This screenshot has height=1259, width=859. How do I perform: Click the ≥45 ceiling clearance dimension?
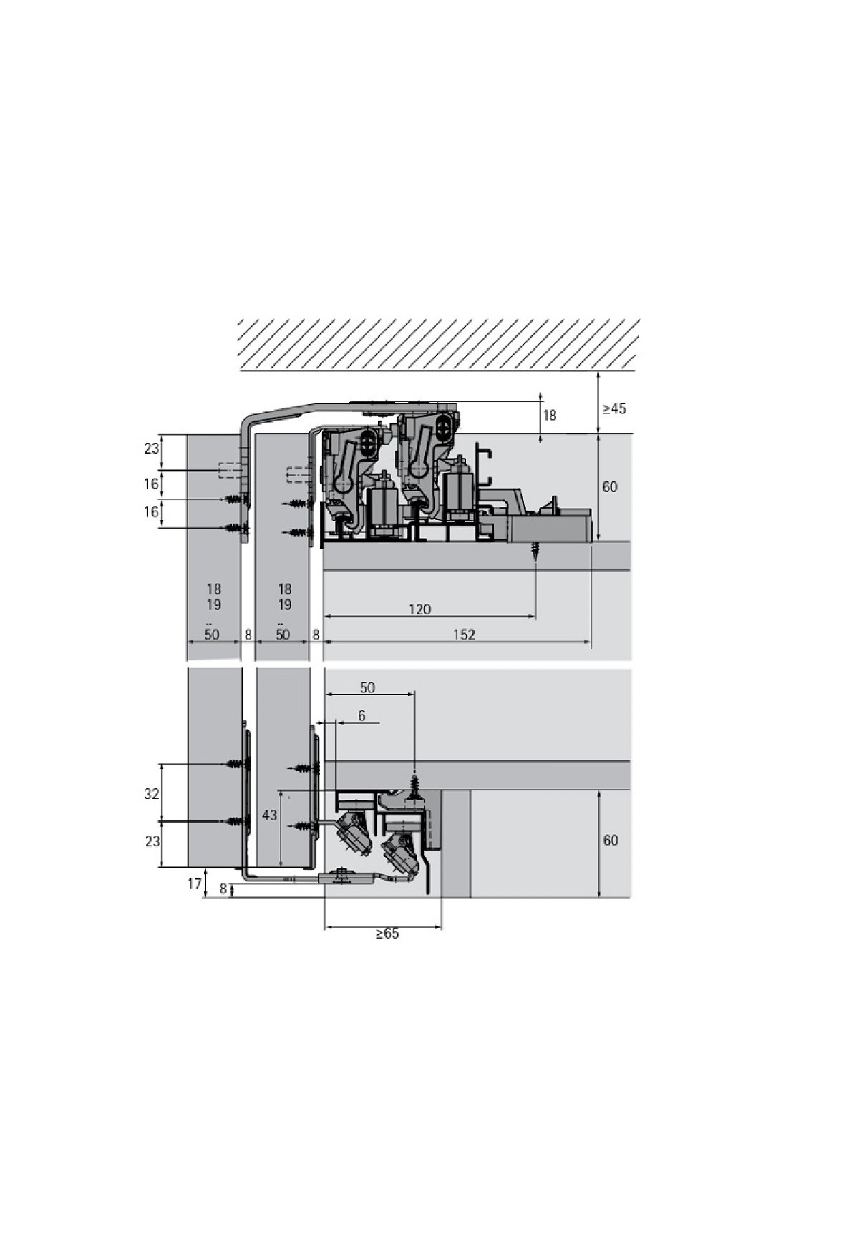click(614, 408)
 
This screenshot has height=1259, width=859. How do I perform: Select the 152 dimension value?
click(464, 635)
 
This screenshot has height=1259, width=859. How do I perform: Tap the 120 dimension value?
click(419, 609)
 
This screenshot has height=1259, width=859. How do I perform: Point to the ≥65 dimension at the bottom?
click(387, 934)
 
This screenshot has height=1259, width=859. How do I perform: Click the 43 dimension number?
click(269, 815)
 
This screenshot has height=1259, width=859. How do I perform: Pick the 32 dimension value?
click(152, 794)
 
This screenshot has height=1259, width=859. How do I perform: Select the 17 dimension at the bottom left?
click(195, 884)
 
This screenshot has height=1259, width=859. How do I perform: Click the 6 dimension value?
click(361, 715)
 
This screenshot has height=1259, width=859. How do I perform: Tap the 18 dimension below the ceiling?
click(549, 416)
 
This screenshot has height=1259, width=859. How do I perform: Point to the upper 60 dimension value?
click(610, 487)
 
